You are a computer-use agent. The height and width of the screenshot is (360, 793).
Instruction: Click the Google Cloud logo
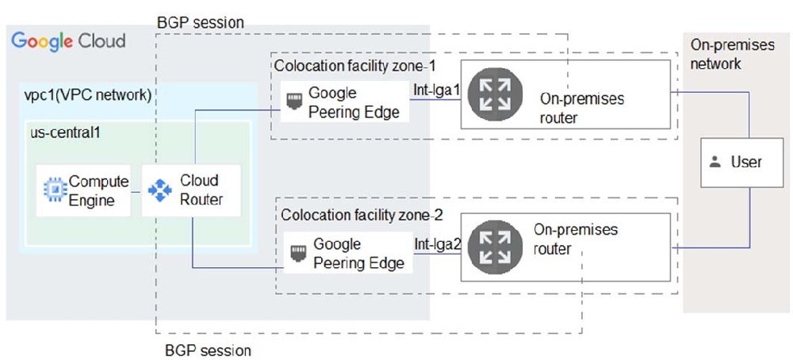tap(68, 41)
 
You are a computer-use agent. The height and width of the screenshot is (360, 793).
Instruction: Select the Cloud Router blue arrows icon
tap(160, 190)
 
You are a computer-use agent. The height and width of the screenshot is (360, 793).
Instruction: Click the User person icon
tap(715, 163)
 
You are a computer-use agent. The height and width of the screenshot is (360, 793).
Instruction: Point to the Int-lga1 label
tap(436, 90)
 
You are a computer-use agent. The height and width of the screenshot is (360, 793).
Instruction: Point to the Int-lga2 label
tap(438, 245)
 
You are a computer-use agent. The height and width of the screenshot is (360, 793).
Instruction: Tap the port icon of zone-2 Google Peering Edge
tap(297, 252)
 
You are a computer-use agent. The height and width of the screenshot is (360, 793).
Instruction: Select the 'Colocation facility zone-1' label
tap(355, 66)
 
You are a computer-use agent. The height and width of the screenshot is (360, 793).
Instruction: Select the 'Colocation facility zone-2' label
tap(362, 216)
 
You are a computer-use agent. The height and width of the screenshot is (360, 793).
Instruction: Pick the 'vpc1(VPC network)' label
tap(88, 95)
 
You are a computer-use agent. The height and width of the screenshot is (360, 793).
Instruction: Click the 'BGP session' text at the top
tap(201, 23)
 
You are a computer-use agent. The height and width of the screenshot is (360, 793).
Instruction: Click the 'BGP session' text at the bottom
tap(208, 350)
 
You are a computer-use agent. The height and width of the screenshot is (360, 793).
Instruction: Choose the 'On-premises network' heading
tap(732, 55)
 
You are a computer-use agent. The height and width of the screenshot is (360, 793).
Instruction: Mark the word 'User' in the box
tap(746, 163)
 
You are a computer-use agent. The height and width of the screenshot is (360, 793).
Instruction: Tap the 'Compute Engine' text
tap(98, 190)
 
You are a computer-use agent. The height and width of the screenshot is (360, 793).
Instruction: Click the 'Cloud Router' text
tap(201, 190)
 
